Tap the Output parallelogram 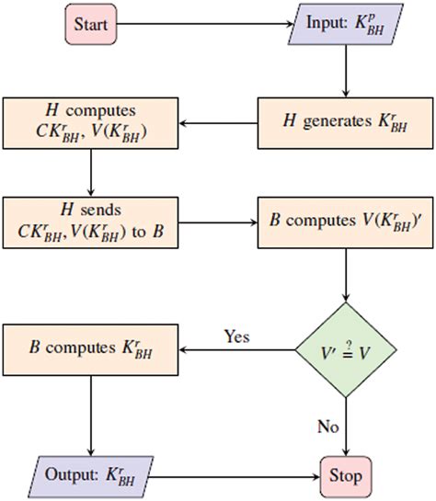click(x=90, y=476)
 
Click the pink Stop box click(x=345, y=476)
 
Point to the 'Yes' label click(x=236, y=336)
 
